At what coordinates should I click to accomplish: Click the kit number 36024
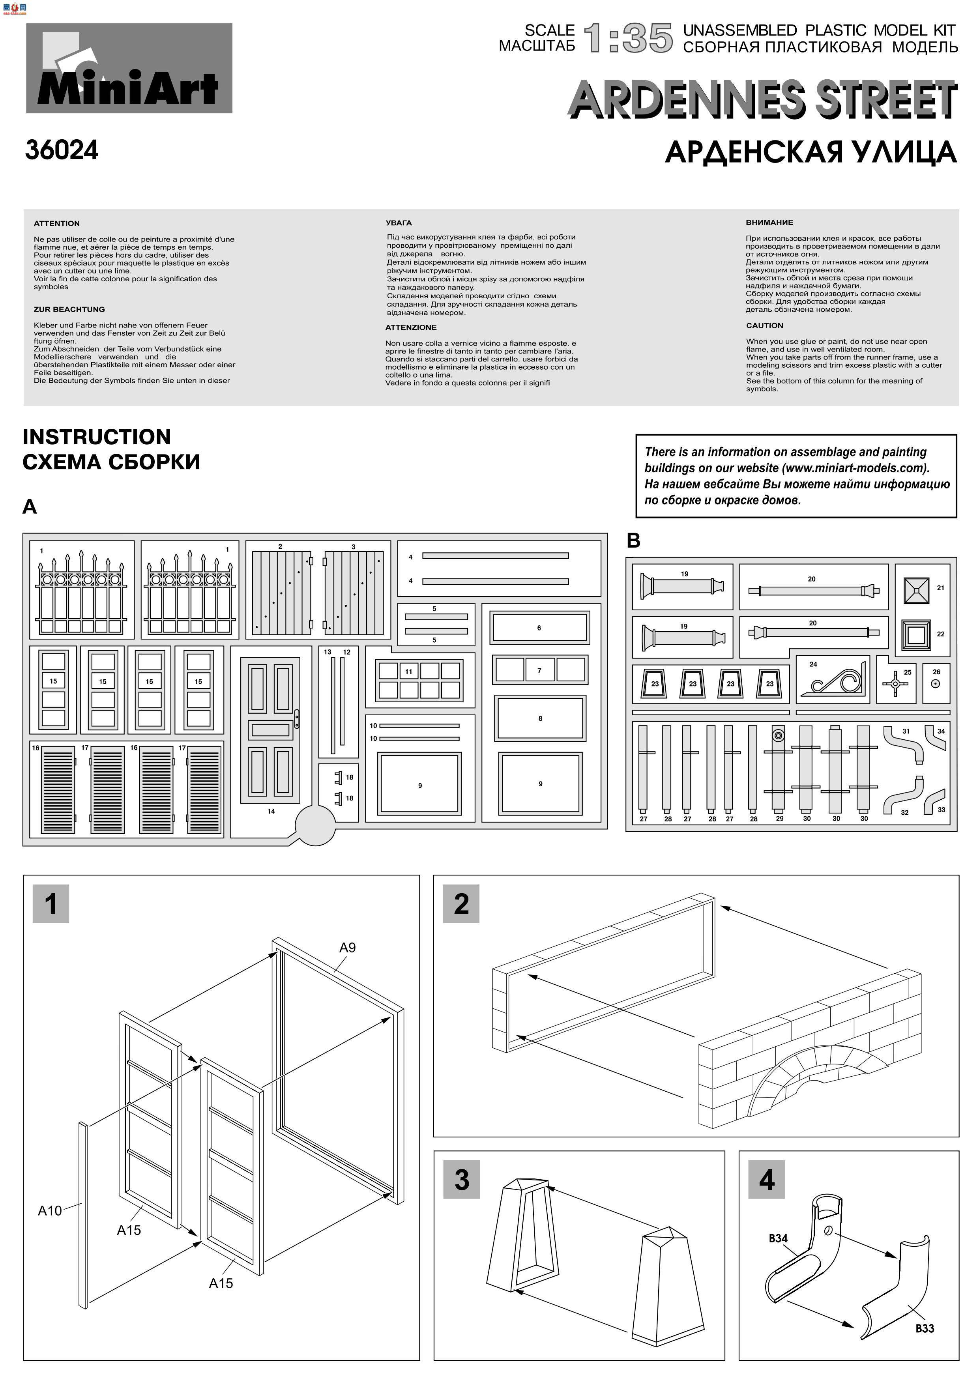pyautogui.click(x=62, y=150)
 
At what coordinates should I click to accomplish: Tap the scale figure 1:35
pyautogui.click(x=628, y=39)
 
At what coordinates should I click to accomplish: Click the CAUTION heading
pyautogui.click(x=764, y=325)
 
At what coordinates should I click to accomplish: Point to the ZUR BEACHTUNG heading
pyautogui.click(x=69, y=309)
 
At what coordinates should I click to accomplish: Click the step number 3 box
pyautogui.click(x=461, y=1180)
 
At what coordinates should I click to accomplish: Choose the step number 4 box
pyautogui.click(x=767, y=1180)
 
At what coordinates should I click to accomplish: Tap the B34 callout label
pyautogui.click(x=778, y=1238)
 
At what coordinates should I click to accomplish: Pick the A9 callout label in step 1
pyautogui.click(x=347, y=948)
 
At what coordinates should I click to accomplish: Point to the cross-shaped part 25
pyautogui.click(x=895, y=684)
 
